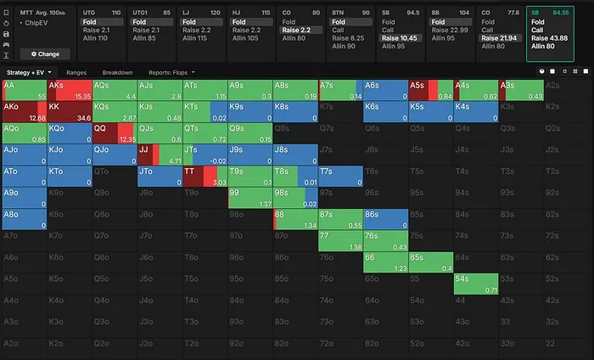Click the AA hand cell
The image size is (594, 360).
click(23, 91)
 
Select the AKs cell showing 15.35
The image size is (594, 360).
click(69, 91)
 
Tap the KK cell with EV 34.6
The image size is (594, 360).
click(69, 112)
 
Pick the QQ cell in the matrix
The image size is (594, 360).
click(114, 133)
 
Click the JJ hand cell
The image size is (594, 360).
click(159, 155)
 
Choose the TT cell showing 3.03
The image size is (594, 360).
click(204, 176)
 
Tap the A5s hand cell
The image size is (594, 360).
click(429, 91)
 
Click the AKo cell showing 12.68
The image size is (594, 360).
click(23, 112)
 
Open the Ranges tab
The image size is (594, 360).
click(76, 72)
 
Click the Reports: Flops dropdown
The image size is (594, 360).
click(171, 72)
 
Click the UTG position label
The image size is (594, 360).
click(89, 12)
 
